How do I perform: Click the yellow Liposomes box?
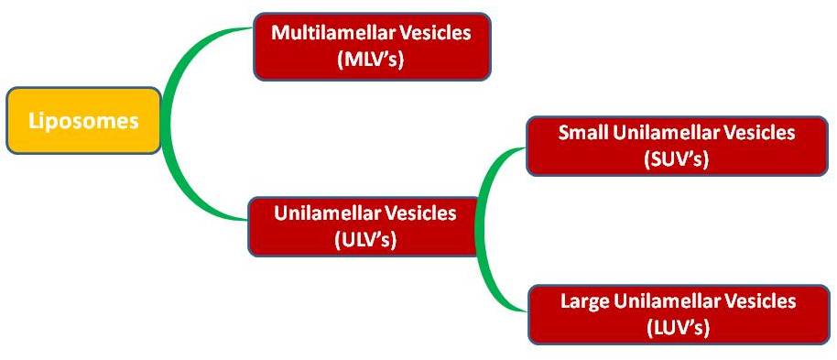point(83,121)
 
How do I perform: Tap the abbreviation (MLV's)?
point(371,59)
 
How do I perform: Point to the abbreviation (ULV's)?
point(365,239)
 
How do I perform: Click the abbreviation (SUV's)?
point(677,158)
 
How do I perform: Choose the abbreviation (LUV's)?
point(678,326)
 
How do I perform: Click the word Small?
point(583,133)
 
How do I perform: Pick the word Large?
point(584,300)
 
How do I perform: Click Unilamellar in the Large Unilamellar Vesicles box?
point(668,300)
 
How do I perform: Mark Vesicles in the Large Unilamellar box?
point(760,300)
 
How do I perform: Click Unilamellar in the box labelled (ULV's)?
point(327,213)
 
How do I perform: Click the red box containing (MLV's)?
point(372,47)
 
